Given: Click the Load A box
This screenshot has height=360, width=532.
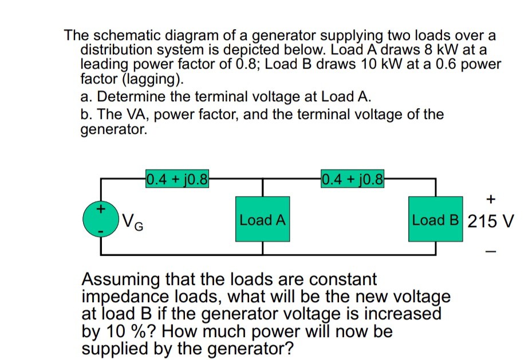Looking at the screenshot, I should [x=263, y=220].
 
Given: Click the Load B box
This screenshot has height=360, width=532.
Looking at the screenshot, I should [x=435, y=220].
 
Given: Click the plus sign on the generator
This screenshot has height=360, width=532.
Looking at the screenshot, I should [x=100, y=209].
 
